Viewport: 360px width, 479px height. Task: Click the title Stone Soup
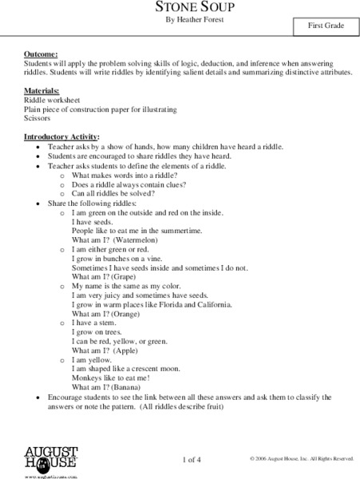tap(180, 6)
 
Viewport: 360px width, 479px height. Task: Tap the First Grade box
tap(326, 26)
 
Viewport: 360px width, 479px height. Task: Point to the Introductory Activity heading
tap(61, 137)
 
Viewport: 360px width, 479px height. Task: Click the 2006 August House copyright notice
tap(301, 459)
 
